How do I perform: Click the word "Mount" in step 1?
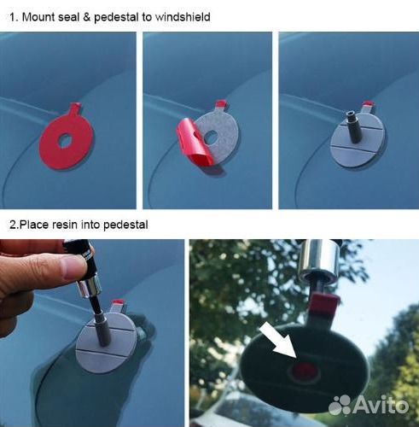(x=38, y=17)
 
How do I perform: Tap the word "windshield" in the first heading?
(x=183, y=17)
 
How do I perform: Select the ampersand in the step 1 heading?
(x=87, y=17)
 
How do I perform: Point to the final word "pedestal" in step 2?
(x=125, y=225)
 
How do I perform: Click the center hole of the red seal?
(x=66, y=140)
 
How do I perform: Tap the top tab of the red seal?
(x=75, y=108)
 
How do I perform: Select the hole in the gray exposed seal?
(x=211, y=137)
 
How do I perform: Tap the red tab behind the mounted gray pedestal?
(x=368, y=107)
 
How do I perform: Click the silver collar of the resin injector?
(x=89, y=288)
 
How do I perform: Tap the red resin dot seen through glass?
(x=305, y=371)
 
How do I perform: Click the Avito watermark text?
(x=381, y=404)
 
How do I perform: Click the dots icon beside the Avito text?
(x=340, y=405)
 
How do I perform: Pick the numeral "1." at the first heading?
(x=14, y=17)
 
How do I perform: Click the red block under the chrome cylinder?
(x=323, y=305)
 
